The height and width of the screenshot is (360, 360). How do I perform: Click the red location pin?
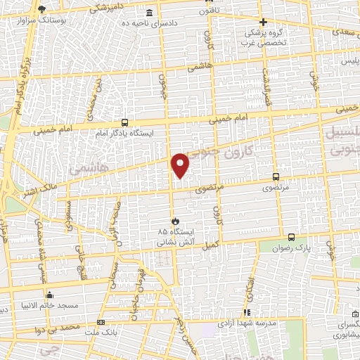tap(181, 164)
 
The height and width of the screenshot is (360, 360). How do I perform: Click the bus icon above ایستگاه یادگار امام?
tap(124, 122)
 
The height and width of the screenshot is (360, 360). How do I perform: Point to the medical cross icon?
tap(264, 22)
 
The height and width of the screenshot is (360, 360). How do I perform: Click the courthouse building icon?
tap(148, 13)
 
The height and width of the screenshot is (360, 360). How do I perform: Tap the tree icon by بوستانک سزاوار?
tap(42, 9)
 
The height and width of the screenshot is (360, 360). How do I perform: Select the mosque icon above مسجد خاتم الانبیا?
tap(49, 295)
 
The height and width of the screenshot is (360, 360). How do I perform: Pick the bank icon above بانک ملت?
tap(101, 322)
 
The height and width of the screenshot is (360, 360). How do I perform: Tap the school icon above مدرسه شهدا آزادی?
tap(247, 312)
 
